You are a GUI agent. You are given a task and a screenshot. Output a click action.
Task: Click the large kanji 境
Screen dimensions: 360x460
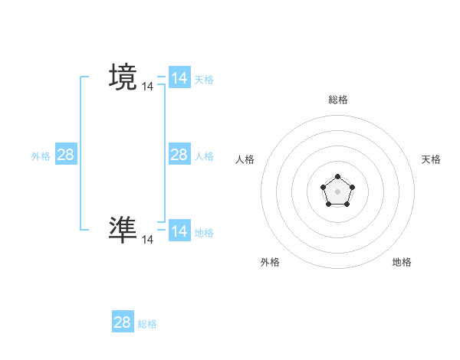(123, 77)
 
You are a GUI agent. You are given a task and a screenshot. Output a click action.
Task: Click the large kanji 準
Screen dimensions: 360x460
(123, 230)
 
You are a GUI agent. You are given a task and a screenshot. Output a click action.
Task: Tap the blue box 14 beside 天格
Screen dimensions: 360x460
(179, 78)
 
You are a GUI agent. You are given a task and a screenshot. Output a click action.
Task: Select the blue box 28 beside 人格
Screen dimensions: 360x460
(179, 155)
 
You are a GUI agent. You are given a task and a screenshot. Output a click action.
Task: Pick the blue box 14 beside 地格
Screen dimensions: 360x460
(179, 231)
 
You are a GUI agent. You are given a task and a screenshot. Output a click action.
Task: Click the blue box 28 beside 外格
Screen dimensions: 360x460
(66, 155)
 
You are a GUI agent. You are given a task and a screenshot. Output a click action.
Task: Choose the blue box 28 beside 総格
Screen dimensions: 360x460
(123, 322)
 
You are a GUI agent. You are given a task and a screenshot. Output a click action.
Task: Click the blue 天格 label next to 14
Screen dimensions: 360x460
(204, 79)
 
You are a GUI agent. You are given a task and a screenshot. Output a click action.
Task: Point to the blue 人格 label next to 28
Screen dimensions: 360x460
(204, 155)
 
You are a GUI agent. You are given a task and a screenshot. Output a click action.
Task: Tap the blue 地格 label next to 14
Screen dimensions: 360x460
(204, 232)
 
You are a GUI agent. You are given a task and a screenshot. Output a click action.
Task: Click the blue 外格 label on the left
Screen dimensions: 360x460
(41, 155)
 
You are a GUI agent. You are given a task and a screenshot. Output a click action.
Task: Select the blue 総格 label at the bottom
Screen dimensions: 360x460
(147, 324)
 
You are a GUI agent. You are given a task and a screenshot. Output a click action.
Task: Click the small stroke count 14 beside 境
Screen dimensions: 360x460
(147, 87)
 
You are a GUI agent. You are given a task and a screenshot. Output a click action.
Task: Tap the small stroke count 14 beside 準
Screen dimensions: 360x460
(147, 240)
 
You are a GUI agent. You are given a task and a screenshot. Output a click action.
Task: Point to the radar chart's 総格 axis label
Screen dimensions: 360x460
(337, 100)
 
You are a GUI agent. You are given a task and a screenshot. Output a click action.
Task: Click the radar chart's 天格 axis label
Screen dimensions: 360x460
(432, 159)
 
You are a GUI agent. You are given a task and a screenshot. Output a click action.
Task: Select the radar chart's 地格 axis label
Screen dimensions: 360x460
(402, 262)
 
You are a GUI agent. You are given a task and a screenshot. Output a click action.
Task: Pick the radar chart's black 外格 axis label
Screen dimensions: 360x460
(270, 262)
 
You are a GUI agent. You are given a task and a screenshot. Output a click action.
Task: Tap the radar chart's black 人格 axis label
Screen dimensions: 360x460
(245, 159)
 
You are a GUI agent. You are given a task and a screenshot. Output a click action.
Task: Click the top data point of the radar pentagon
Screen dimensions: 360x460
(337, 177)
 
